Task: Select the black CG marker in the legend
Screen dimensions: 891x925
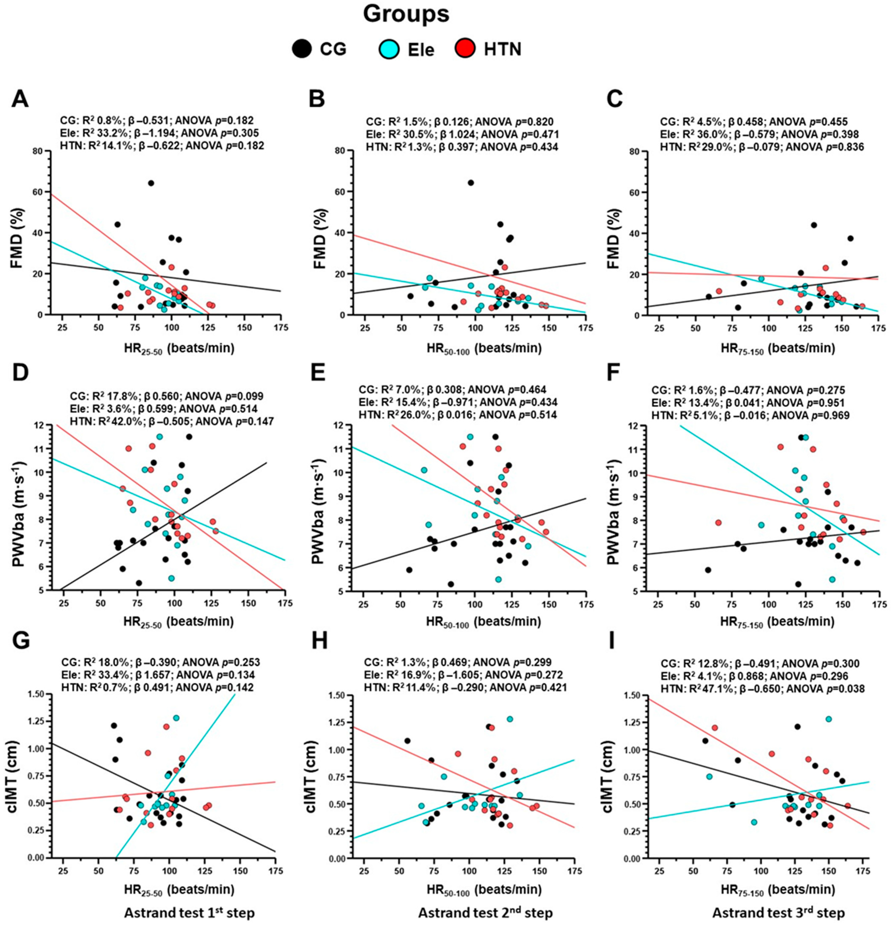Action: [300, 49]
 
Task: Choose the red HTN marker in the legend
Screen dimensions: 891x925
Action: [465, 49]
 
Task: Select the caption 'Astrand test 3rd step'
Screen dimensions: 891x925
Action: [779, 913]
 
